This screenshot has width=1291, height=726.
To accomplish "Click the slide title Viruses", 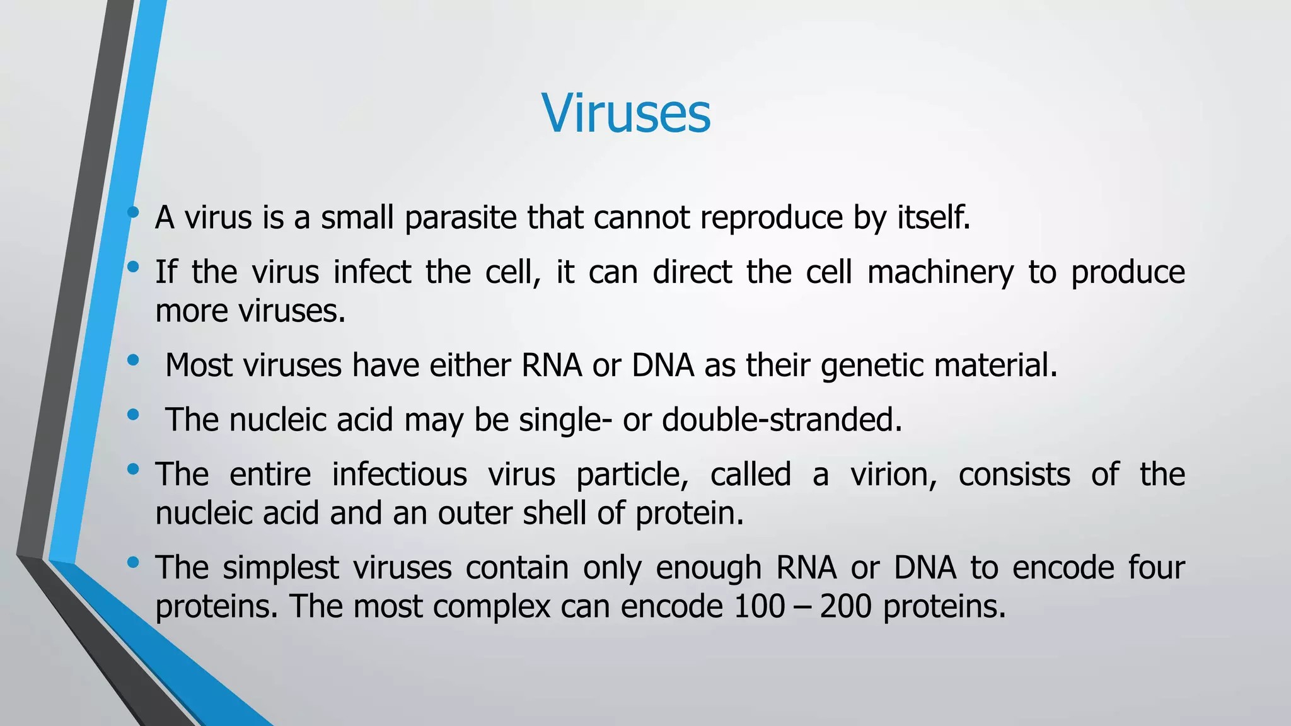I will click(x=626, y=113).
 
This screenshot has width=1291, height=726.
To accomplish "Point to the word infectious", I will click(x=400, y=475).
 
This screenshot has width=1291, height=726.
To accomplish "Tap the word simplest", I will click(x=281, y=568).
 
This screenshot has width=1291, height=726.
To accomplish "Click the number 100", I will click(x=759, y=607).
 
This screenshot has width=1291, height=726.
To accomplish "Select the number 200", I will click(x=845, y=607).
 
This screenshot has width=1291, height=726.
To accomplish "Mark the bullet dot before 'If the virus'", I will click(x=132, y=267).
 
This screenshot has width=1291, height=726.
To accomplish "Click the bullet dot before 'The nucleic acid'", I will click(x=132, y=415).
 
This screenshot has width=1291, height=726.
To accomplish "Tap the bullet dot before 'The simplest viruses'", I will click(x=132, y=562).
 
